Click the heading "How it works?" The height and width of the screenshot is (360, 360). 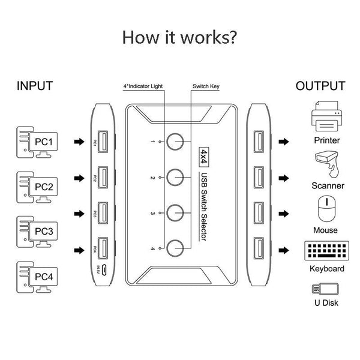pyautogui.click(x=179, y=37)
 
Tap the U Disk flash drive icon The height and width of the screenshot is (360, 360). pyautogui.click(x=326, y=289)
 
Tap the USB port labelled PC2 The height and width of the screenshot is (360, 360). pyautogui.click(x=101, y=178)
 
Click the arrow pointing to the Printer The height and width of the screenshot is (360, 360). pyautogui.click(x=283, y=143)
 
